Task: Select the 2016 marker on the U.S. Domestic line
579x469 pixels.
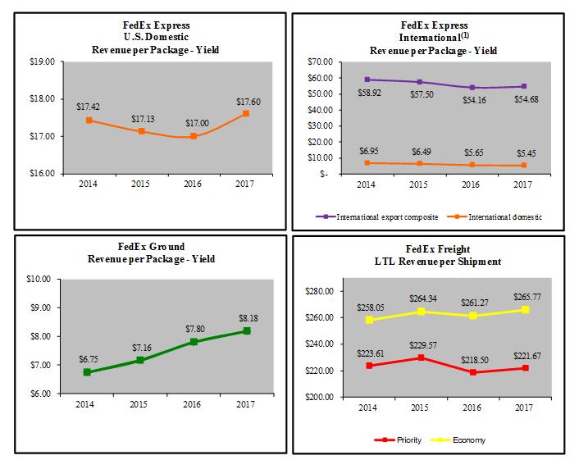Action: pyautogui.click(x=193, y=136)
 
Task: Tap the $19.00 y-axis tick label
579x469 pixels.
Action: pyautogui.click(x=42, y=61)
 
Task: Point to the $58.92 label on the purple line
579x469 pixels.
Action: pyautogui.click(x=367, y=93)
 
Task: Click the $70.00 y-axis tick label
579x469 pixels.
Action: pyautogui.click(x=321, y=61)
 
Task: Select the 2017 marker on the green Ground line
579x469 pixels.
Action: pyautogui.click(x=246, y=330)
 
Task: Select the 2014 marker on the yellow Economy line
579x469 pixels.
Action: pyautogui.click(x=368, y=320)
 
